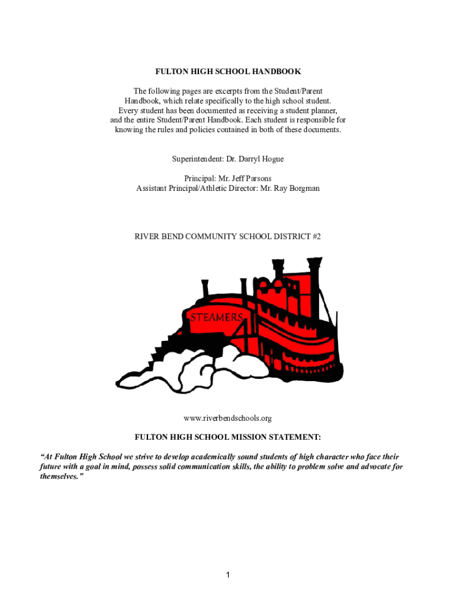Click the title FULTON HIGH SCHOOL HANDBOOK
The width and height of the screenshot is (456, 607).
[x=228, y=72]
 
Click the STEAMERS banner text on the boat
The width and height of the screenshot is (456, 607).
[x=216, y=318]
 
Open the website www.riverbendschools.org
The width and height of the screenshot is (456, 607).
[x=228, y=418]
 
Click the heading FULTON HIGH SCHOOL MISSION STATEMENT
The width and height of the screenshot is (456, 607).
[x=228, y=437]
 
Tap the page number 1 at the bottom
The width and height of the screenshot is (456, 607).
[x=228, y=575]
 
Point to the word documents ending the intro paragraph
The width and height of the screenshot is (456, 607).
[x=320, y=130]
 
